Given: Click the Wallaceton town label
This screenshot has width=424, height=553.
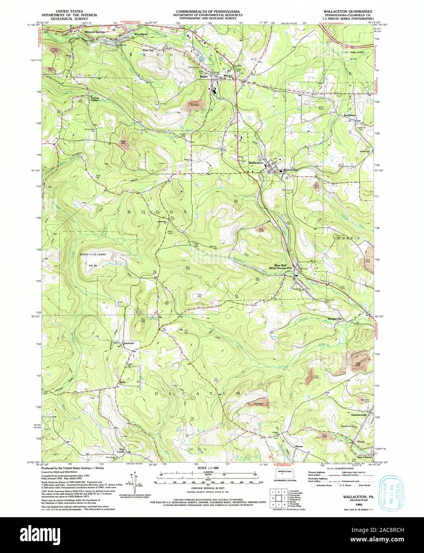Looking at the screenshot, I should click(256, 163).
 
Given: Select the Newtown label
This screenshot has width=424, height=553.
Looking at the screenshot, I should click(128, 343).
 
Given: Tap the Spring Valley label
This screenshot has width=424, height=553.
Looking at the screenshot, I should click(94, 99).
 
